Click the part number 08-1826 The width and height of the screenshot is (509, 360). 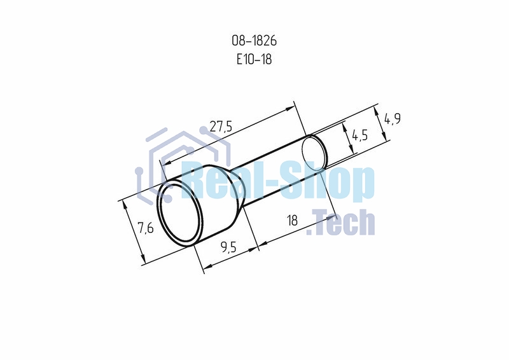point(254,41)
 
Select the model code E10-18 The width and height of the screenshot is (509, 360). point(254,59)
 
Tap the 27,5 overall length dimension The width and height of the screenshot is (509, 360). point(221,127)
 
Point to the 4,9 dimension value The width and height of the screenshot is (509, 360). point(393,119)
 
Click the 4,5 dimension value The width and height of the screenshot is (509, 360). point(359,135)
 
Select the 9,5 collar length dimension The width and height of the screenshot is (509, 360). point(228,247)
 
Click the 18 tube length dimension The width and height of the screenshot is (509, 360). point(293,221)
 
